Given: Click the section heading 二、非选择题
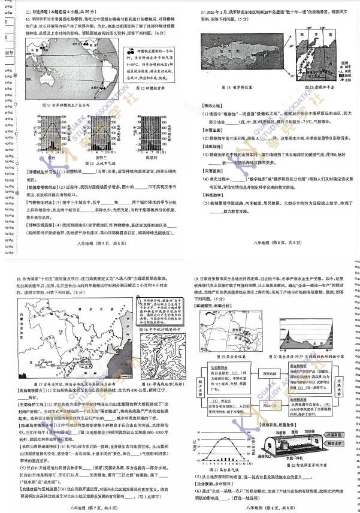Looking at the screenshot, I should pyautogui.click(x=41, y=11).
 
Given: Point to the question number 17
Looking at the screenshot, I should pyautogui.click(x=203, y=11).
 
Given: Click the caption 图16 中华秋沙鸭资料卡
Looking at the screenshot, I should pyautogui.click(x=157, y=330).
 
